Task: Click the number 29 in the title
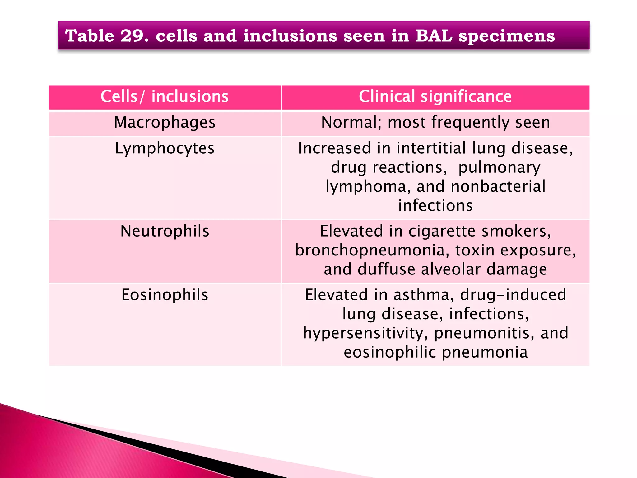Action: click(134, 35)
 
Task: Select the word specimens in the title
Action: click(507, 36)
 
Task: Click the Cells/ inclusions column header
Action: click(165, 96)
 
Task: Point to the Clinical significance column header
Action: click(435, 96)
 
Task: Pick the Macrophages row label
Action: click(165, 122)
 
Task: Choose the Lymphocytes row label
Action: click(165, 148)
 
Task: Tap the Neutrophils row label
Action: click(165, 231)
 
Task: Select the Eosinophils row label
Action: click(165, 295)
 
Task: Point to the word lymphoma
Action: click(366, 187)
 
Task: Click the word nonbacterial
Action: click(498, 187)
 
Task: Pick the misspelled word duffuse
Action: click(386, 269)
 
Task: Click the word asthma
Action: click(423, 295)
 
